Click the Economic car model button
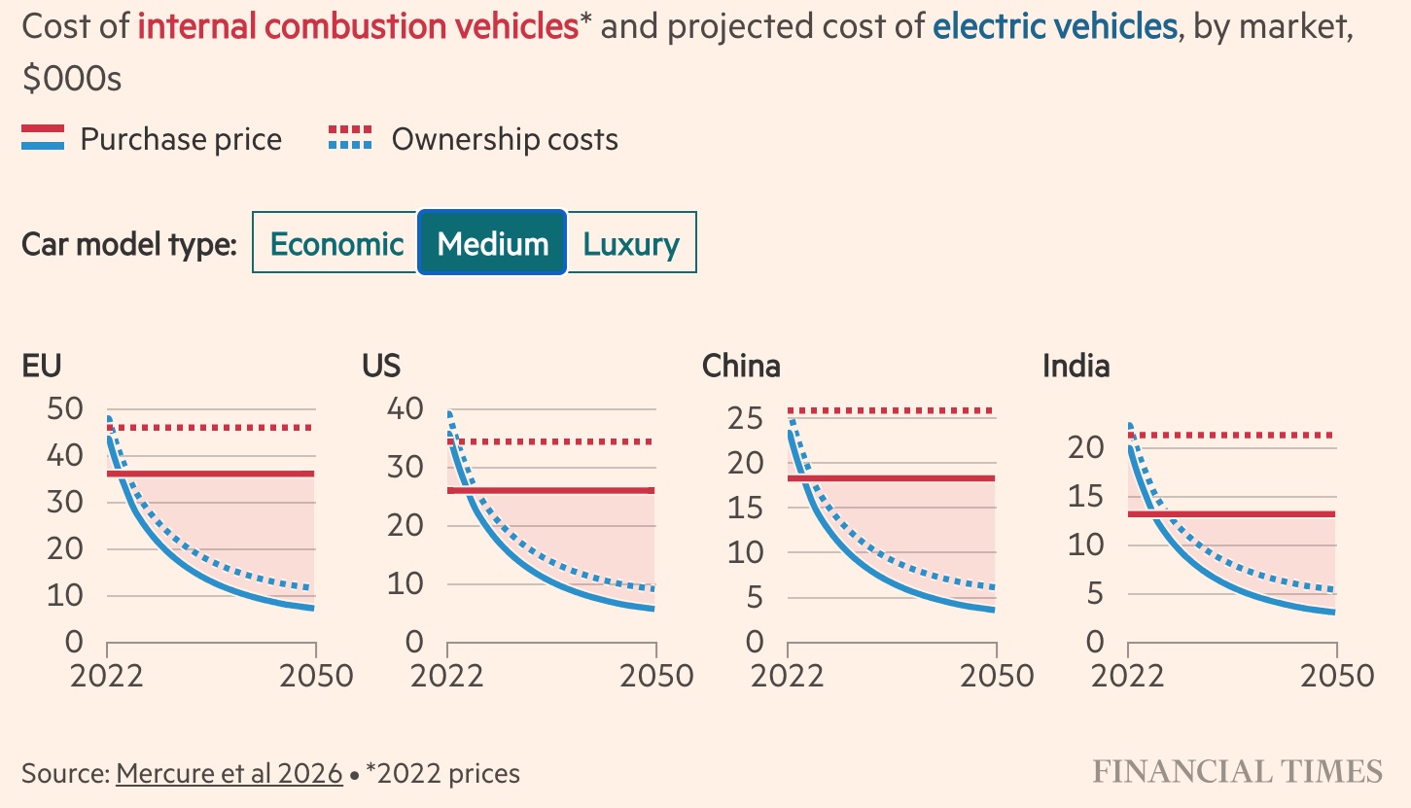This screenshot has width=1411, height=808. (335, 243)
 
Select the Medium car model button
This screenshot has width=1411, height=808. (492, 243)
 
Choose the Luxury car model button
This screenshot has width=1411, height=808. (631, 243)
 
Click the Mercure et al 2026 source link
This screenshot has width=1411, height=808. (229, 774)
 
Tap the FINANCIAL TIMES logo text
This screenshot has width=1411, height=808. (1237, 772)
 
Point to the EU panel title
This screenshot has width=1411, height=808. (42, 367)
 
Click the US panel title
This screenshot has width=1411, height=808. (381, 367)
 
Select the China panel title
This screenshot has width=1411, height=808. (741, 367)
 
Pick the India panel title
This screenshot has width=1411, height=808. (1076, 367)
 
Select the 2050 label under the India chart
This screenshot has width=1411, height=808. (1337, 676)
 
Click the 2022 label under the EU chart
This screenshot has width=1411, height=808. (107, 676)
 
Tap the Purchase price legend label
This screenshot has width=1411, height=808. (181, 139)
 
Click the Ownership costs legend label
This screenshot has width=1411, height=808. (505, 139)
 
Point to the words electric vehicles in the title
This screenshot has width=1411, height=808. (1054, 26)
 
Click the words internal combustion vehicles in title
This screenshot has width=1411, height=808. (358, 26)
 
